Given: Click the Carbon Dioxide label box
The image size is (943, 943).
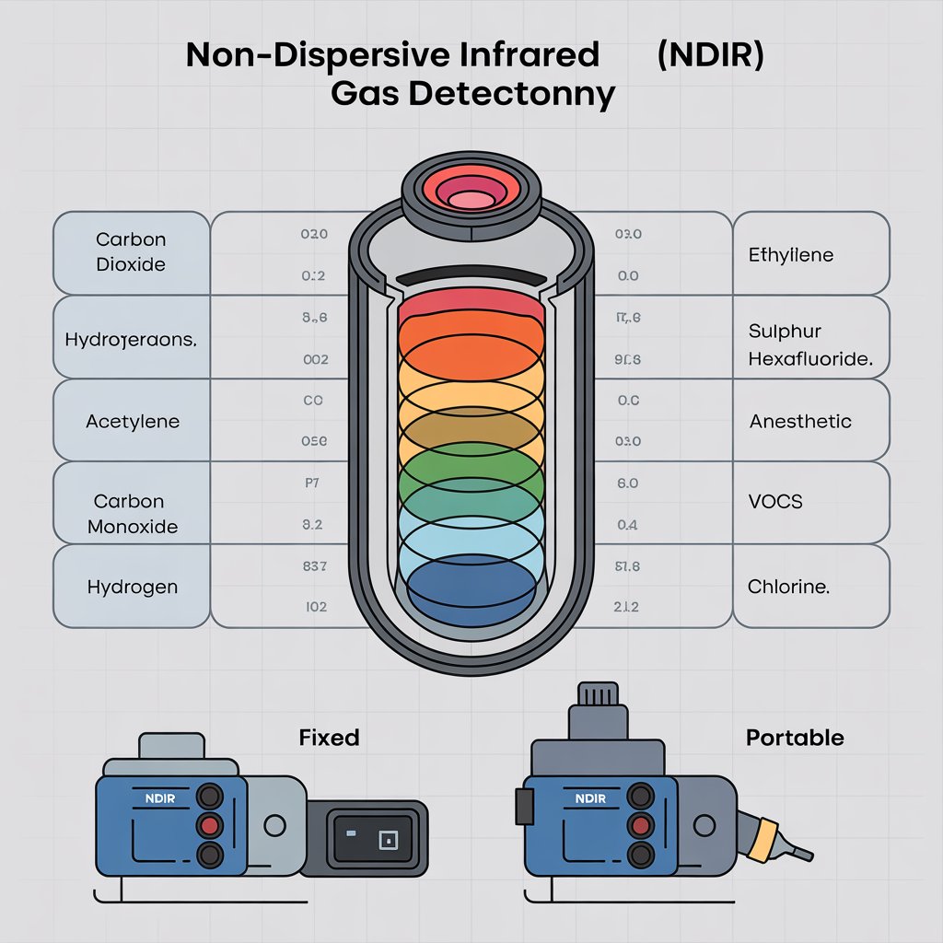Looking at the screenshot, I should click(132, 252).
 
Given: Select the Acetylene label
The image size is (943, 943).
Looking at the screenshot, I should click(132, 422).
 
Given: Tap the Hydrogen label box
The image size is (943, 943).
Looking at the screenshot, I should click(132, 587).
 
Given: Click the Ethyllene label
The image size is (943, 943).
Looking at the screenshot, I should click(790, 254).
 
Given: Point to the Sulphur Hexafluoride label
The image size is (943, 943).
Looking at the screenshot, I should click(810, 345).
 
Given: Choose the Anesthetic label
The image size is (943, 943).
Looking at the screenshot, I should click(800, 422).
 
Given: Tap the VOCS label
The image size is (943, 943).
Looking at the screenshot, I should click(775, 502).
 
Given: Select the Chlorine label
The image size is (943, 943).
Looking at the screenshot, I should click(788, 587).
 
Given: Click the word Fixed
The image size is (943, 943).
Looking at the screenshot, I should click(329, 738).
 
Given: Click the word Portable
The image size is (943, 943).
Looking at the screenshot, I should click(794, 738).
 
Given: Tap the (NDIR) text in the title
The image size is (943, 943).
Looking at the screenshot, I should click(710, 55).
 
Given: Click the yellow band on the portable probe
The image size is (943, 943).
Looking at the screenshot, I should click(762, 833).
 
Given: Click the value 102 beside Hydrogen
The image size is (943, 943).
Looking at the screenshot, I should click(316, 608).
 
